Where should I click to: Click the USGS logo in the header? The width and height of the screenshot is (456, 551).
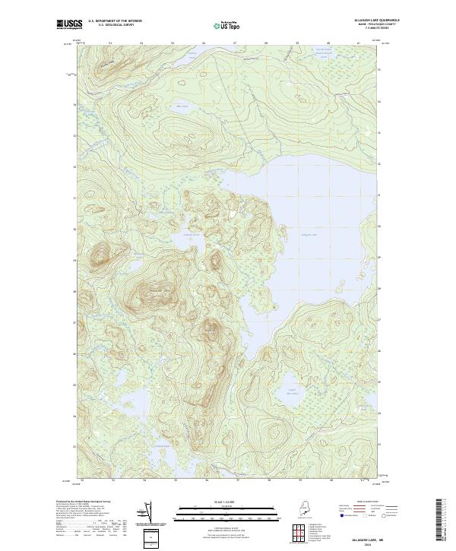point(69,24)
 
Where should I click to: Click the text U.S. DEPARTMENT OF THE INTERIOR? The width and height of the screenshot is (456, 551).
point(115,20)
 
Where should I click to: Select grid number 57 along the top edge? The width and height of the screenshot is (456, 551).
point(235,43)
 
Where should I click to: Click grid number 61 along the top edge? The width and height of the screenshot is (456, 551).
point(358,43)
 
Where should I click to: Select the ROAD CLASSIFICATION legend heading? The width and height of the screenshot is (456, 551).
point(369,502)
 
